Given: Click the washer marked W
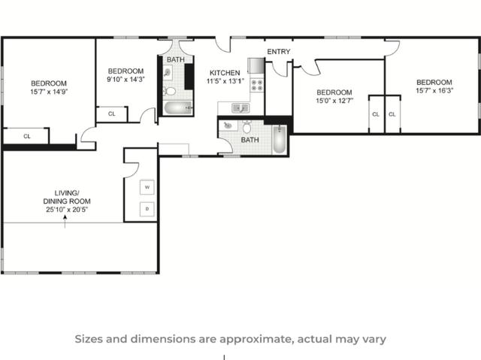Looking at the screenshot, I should point(147,186).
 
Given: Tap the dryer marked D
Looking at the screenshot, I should point(147,208).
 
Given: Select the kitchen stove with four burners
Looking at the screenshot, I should point(257,84).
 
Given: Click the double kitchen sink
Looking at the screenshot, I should point(240,108).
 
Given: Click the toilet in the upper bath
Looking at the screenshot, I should point(171,92).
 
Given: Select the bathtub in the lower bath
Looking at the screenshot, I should point(279,140).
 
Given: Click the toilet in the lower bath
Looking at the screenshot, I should point(247,128).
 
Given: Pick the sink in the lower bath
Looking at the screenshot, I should point(228,126).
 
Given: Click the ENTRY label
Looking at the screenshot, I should point(278,52).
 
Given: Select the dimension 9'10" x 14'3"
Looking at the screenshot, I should point(125,79).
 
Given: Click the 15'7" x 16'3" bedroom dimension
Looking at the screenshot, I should point(434,91).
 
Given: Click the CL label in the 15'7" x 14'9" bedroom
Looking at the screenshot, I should point(26,136).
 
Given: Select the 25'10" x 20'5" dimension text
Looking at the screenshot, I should point(66,210).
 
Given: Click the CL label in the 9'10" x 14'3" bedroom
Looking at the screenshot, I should point(111,114).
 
